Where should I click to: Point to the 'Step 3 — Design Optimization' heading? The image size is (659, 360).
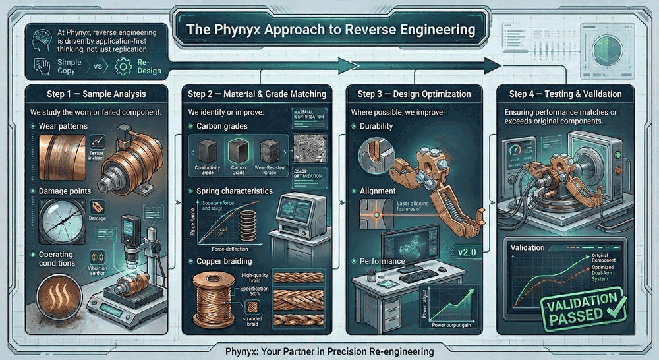coord(418,94)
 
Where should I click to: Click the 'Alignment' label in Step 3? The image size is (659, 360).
coord(378,191)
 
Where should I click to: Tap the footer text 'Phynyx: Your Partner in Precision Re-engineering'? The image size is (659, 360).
coord(329,351)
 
